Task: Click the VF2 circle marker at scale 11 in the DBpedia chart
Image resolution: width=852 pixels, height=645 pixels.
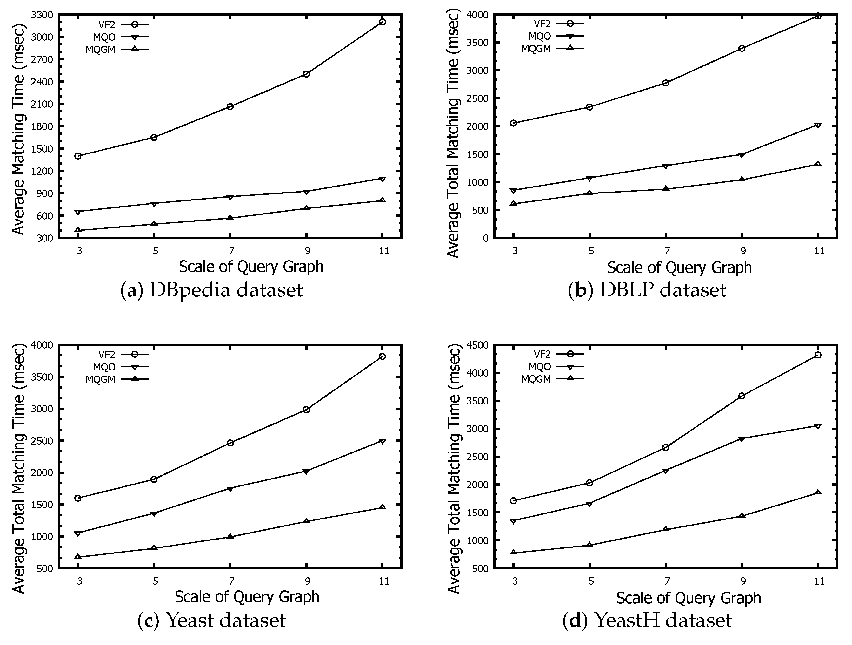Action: click(382, 22)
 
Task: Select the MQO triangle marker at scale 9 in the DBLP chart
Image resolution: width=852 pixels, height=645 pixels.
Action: click(742, 155)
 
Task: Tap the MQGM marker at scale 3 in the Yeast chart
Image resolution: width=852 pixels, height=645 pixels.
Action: click(78, 556)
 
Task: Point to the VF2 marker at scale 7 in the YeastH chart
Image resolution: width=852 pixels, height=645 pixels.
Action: click(666, 447)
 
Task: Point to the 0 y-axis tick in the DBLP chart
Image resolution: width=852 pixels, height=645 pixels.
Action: click(485, 239)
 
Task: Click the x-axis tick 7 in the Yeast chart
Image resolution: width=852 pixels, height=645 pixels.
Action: click(231, 581)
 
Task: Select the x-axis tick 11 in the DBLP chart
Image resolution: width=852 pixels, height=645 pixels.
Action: click(819, 251)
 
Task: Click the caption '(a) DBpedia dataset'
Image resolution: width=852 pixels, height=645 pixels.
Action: click(211, 290)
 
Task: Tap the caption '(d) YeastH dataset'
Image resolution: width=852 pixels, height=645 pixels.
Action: click(647, 620)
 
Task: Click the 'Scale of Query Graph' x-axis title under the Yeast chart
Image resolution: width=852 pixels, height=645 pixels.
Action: click(247, 596)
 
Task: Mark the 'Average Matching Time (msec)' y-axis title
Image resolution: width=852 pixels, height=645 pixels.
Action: click(18, 129)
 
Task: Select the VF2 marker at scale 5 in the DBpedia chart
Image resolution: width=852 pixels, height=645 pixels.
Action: click(154, 137)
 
